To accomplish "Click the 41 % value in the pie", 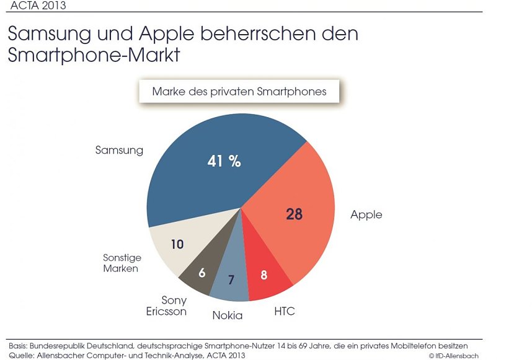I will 224,161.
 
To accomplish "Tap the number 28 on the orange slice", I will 294,214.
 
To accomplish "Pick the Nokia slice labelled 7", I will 231,279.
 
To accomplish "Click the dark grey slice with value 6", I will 202,272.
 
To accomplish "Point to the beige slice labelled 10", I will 177,244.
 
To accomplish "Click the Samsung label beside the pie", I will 119,150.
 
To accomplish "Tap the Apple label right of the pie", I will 366,215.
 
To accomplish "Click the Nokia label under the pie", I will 227,315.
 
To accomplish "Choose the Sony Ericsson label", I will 166,305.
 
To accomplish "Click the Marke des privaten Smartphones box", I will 239,92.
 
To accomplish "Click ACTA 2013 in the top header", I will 39,6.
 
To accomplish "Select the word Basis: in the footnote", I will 19,345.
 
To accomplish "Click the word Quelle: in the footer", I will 20,355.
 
